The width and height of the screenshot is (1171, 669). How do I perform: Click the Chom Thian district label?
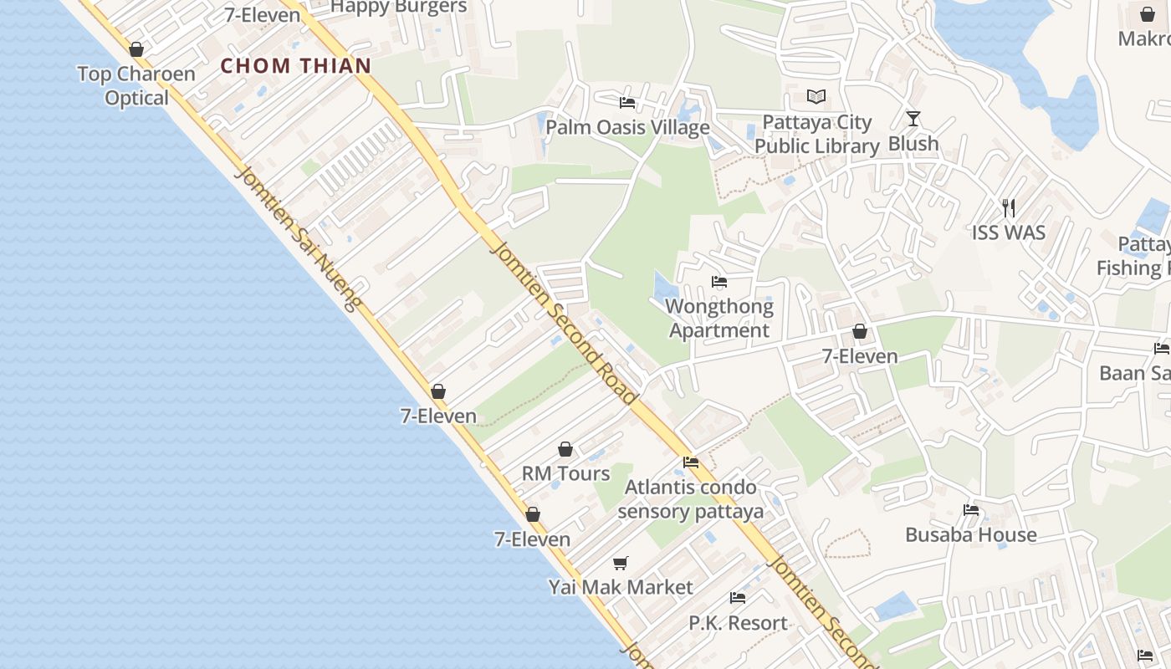point(296,66)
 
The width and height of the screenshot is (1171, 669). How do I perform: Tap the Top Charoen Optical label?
point(136,85)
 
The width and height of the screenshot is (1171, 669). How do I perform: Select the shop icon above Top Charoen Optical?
point(136,50)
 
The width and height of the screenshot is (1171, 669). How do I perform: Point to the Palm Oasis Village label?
point(627,127)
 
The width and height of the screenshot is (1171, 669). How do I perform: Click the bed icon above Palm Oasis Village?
point(626,103)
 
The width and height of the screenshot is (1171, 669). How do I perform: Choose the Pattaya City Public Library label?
point(817,135)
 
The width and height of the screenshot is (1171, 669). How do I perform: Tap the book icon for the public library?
point(816,97)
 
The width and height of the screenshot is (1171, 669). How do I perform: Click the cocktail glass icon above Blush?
point(913,119)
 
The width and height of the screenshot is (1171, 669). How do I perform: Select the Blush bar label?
point(913,144)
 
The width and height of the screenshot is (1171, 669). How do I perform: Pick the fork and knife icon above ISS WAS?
point(1009,207)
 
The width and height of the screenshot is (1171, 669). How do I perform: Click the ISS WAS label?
point(1009,232)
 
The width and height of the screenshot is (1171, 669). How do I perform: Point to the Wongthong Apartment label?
point(719,319)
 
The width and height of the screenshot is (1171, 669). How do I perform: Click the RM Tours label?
point(566,473)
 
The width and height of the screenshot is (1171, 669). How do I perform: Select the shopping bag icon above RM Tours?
point(565,450)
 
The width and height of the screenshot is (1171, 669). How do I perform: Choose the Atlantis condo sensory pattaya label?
point(691,499)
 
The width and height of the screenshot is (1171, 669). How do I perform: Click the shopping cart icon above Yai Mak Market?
point(620,563)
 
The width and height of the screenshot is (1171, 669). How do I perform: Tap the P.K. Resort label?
point(738,623)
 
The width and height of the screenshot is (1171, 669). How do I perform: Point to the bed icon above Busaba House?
point(970,510)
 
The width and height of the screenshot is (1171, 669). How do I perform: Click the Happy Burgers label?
point(399,8)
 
